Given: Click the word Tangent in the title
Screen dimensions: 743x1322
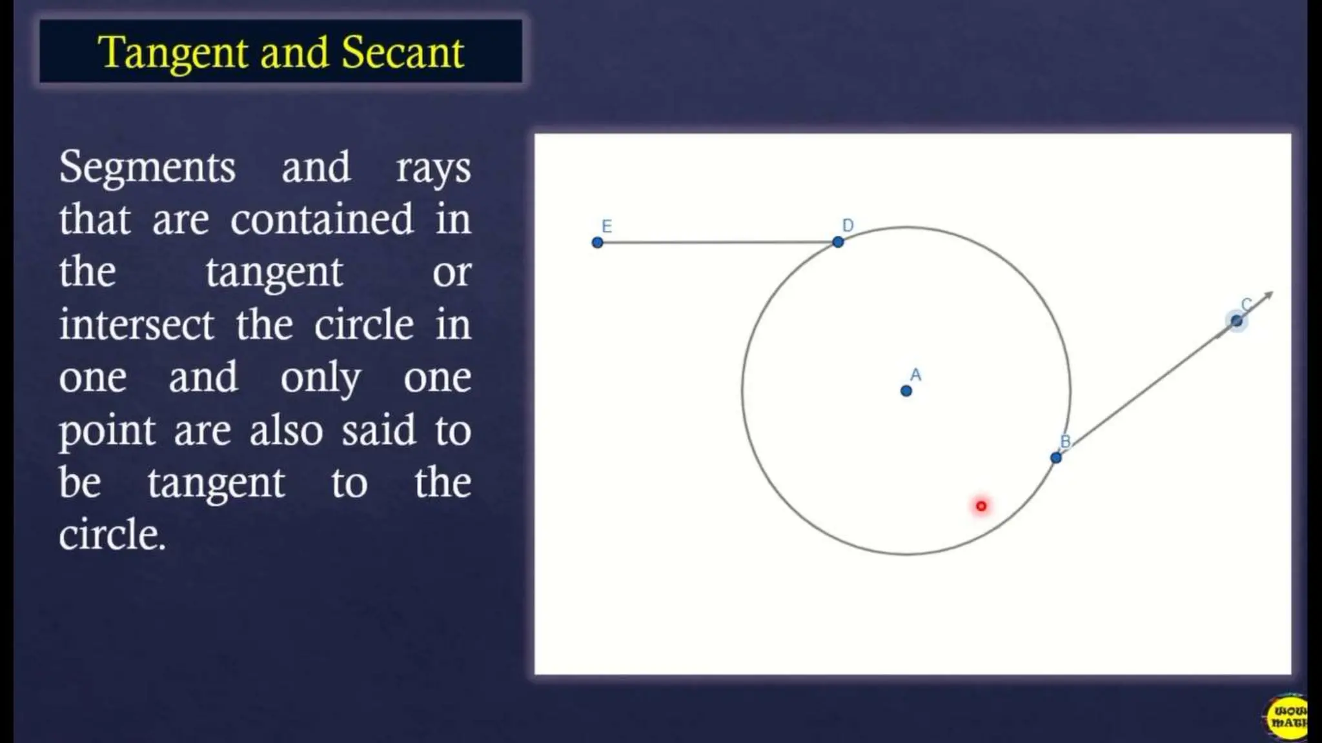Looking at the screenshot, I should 172,52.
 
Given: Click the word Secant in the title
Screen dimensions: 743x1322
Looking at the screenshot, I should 402,52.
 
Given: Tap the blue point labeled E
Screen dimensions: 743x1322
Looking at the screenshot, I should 597,243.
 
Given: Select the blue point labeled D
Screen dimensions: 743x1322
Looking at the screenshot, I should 838,242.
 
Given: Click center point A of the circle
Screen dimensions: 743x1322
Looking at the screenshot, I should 906,391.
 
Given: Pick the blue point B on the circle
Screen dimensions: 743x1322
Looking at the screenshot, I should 1056,458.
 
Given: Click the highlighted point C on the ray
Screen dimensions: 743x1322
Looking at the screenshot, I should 1236,321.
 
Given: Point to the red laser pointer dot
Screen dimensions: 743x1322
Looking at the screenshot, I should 981,506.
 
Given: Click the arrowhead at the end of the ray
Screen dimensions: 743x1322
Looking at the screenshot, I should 1268,295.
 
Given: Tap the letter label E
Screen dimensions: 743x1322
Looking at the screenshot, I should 607,226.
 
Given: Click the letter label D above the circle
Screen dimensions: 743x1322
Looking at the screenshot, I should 848,225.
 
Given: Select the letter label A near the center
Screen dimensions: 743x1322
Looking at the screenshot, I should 915,375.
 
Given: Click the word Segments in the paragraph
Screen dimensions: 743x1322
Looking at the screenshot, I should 147,167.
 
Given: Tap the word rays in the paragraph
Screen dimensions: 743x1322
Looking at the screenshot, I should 433,169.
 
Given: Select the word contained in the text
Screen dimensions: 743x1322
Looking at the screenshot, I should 321,219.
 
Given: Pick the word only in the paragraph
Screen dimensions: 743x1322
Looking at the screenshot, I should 320,379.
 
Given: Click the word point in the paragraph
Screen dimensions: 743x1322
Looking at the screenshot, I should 107,431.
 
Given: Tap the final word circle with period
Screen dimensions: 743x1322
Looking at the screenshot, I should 112,535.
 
